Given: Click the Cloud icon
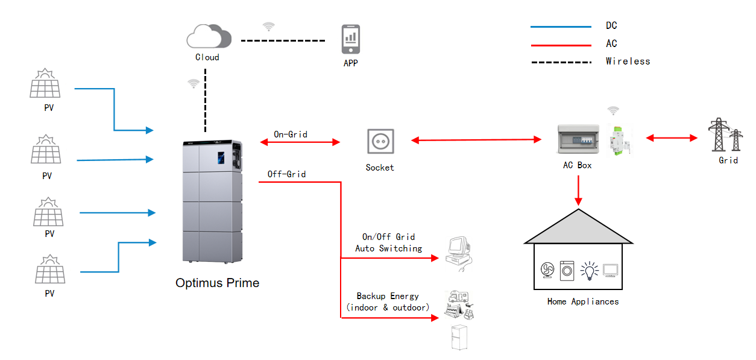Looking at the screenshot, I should point(209,37).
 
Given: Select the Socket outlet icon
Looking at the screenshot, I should point(380,142).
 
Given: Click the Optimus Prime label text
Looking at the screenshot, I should point(217,283).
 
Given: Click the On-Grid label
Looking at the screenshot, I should point(291,134).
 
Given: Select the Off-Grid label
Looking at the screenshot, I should point(287,174).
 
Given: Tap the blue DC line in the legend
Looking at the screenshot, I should point(561,27).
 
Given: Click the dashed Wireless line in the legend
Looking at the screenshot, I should point(561,62).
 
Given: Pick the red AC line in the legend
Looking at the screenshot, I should point(561,45).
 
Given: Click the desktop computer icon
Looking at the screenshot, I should point(459,251).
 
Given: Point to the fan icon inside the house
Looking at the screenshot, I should point(547,271).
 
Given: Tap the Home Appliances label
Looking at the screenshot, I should point(582,302).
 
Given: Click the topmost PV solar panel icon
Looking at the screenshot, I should point(45,84).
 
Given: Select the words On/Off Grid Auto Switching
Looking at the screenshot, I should point(388,242).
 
